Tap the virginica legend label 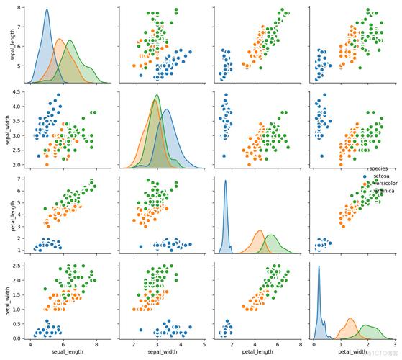tap(381, 191)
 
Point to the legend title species tap(378, 168)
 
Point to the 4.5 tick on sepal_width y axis tap(22, 93)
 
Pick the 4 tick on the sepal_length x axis tap(31, 345)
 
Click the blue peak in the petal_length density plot tap(225, 181)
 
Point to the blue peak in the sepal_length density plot tap(46, 10)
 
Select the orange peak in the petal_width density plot tap(350, 318)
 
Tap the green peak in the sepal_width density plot tap(157, 96)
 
